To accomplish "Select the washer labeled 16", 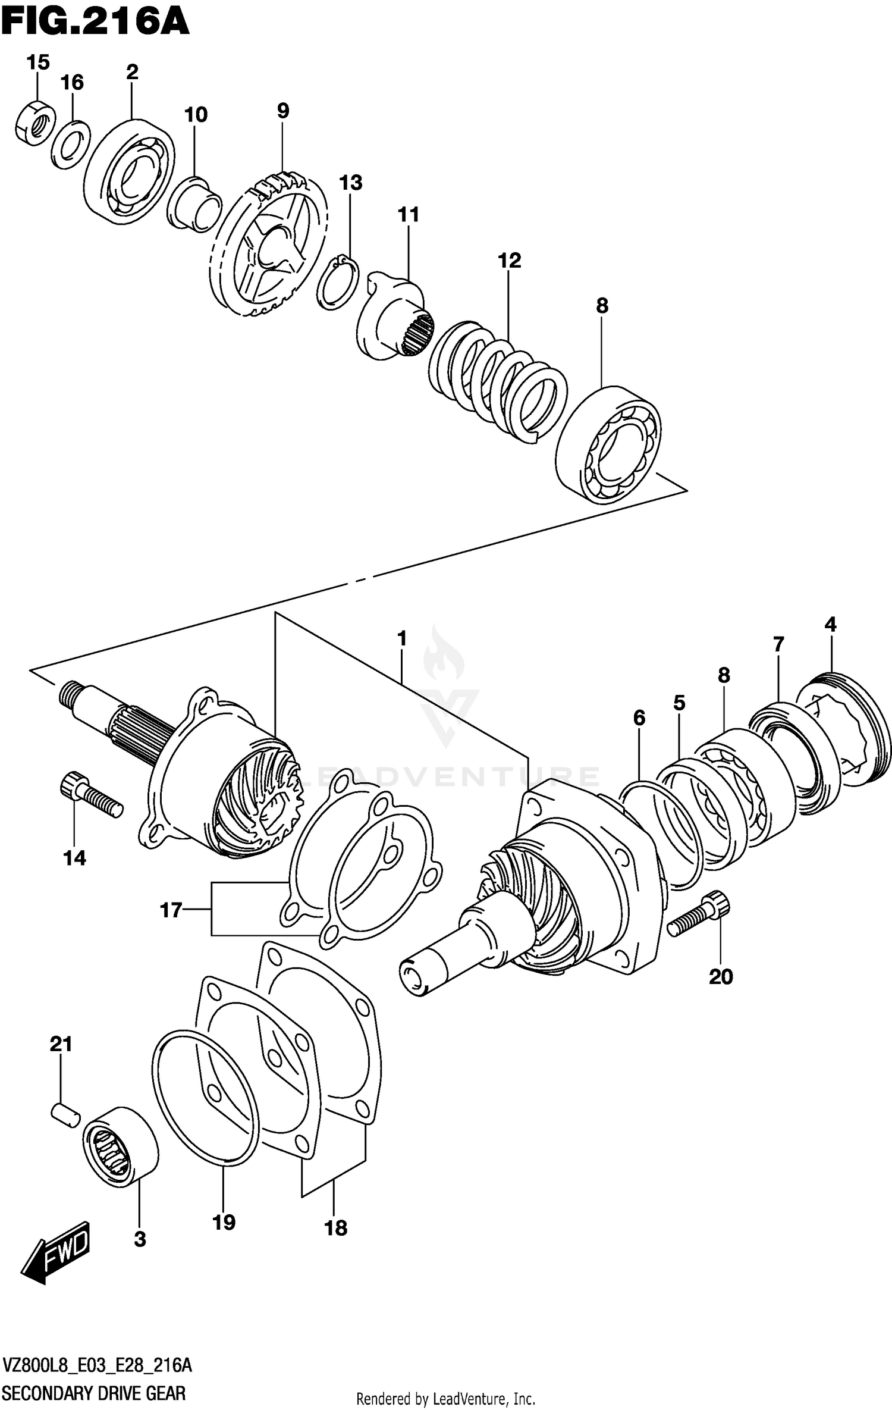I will [x=70, y=144].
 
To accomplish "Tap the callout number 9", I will [x=282, y=111].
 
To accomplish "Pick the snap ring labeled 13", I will [x=338, y=282].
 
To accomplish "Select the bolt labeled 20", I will [x=699, y=920].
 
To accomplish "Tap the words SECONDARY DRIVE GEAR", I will [x=95, y=1393].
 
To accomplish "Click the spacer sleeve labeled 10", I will [x=195, y=205].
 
